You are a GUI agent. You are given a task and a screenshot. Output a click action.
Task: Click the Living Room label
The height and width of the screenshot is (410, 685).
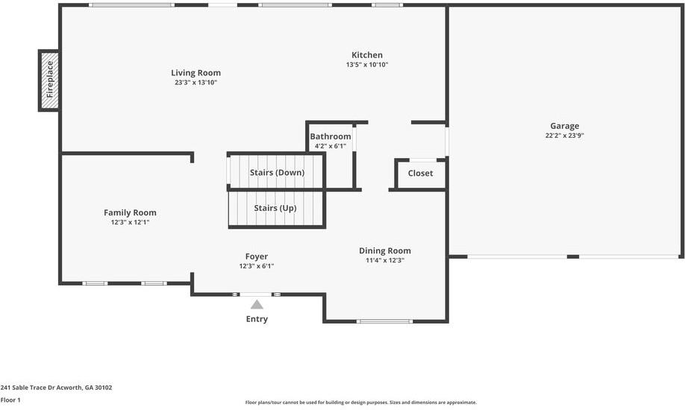(x=196, y=73)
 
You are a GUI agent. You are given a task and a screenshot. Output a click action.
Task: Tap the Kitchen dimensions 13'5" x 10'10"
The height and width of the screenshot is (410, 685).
(x=367, y=65)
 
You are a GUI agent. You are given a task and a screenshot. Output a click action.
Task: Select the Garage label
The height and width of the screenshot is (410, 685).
(x=564, y=126)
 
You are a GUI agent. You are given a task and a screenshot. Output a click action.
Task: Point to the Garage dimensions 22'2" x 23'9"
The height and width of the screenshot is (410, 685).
(x=564, y=136)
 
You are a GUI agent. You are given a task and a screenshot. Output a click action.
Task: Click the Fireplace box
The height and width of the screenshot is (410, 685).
(x=49, y=81)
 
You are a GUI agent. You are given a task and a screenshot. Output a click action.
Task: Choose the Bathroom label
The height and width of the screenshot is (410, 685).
(x=331, y=136)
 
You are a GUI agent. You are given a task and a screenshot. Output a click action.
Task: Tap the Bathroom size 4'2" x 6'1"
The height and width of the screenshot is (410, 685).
(x=331, y=146)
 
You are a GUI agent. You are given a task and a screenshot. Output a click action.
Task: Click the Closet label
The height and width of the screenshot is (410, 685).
(x=420, y=174)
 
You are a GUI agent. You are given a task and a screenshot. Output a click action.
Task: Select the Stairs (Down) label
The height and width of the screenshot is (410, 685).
(x=277, y=173)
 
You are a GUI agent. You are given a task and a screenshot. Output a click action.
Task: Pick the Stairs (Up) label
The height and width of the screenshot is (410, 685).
(x=275, y=208)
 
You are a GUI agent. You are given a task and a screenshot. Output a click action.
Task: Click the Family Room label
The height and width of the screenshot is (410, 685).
(x=130, y=212)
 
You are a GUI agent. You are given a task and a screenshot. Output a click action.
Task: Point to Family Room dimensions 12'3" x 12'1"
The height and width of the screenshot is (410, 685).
(x=130, y=222)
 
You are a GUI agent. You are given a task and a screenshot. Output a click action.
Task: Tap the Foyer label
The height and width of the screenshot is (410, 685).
(x=256, y=256)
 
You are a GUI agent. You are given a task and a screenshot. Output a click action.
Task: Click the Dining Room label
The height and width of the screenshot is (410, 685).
(x=384, y=250)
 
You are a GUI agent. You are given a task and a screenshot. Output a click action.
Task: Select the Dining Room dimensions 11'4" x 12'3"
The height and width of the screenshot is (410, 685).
(x=384, y=260)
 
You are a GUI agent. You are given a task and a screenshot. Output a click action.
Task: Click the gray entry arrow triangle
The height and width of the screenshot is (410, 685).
(x=257, y=304)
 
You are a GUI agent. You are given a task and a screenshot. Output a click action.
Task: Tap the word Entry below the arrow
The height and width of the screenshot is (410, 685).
(x=257, y=319)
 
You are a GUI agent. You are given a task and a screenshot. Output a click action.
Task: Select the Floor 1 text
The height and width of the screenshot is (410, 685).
(x=10, y=400)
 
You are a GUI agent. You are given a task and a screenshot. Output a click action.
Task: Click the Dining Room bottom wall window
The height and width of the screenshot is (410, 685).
(x=384, y=321)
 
